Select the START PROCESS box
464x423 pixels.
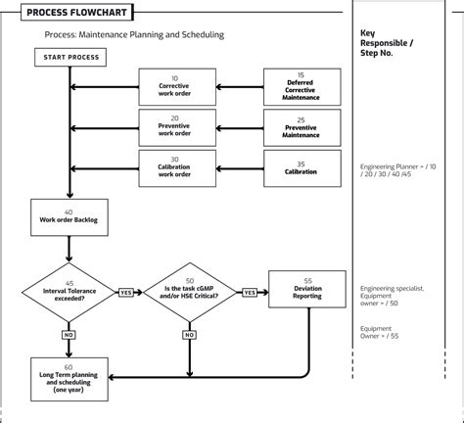pos(71,58)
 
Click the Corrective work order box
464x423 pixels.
pos(174,86)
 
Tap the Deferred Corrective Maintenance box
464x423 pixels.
pos(301,86)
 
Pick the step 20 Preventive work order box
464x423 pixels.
pos(174,126)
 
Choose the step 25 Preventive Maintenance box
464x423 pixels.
pos(301,126)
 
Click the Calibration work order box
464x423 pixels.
pos(174,167)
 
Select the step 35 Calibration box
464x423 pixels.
pos(301,167)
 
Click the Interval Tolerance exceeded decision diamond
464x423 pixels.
pos(69,291)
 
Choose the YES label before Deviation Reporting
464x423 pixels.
pos(249,292)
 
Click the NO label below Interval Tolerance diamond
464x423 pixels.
pos(69,335)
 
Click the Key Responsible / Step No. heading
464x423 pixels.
pos(387,43)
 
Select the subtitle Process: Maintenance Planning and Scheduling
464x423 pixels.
pos(134,35)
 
